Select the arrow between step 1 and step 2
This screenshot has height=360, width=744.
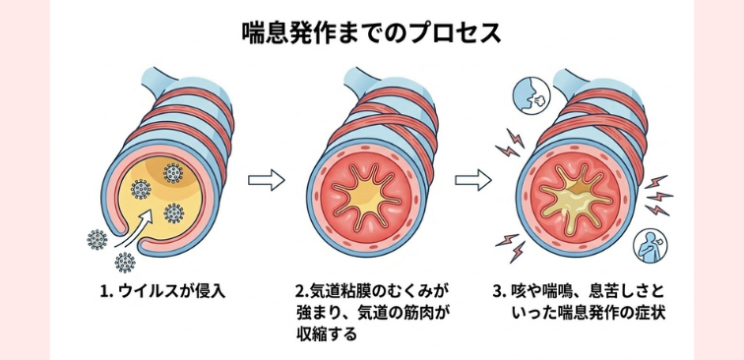265,180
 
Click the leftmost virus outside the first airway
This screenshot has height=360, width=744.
97,239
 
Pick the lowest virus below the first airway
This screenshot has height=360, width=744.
125,262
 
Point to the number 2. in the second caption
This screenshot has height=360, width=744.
301,292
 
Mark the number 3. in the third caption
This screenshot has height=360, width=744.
500,292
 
